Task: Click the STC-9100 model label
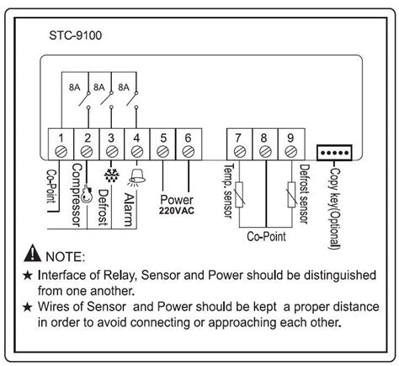[76, 36]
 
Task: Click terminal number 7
[240, 137]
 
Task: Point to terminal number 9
[291, 137]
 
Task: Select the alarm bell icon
[136, 176]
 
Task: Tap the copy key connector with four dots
[332, 153]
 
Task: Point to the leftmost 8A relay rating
[75, 85]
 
